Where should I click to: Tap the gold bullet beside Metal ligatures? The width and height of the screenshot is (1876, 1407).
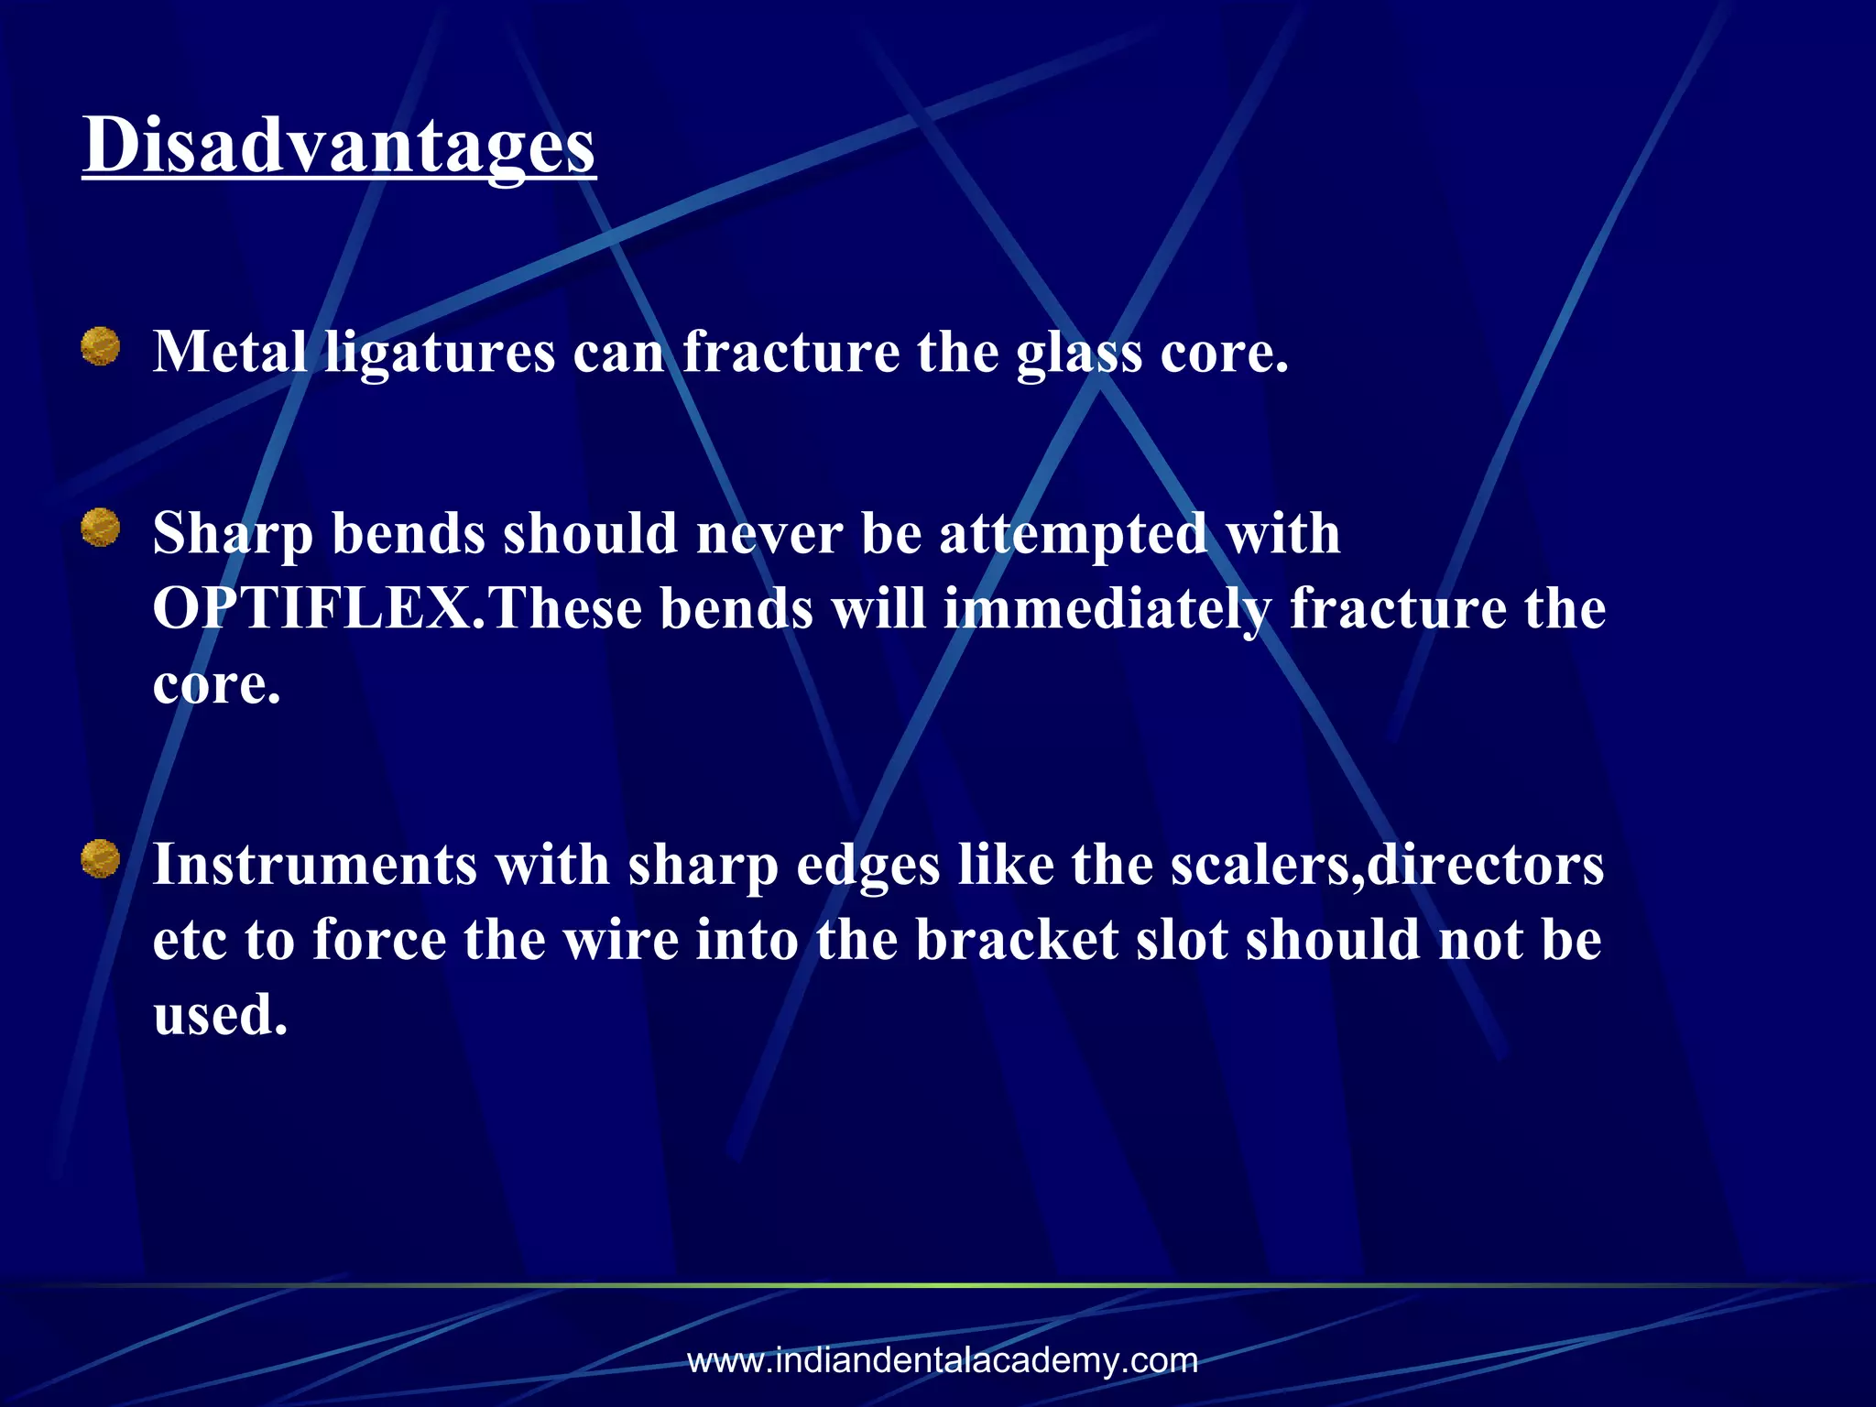pos(101,347)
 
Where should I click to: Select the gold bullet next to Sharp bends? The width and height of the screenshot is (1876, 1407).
pos(101,528)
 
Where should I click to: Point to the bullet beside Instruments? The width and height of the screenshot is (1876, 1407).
pos(101,859)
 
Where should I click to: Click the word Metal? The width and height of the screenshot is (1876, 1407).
pos(229,351)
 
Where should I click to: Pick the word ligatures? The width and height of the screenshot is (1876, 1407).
pos(440,353)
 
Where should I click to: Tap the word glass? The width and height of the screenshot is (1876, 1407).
pos(1079,353)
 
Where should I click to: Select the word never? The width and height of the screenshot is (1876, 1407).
pos(769,533)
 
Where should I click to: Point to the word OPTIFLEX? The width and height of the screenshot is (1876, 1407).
pos(311,608)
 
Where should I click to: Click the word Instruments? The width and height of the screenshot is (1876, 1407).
pos(314,865)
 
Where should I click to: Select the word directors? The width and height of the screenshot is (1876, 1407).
pos(1484,865)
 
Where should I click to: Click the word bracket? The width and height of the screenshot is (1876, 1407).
pos(1017,940)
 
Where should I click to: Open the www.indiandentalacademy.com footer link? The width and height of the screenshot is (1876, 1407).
pos(943,1360)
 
